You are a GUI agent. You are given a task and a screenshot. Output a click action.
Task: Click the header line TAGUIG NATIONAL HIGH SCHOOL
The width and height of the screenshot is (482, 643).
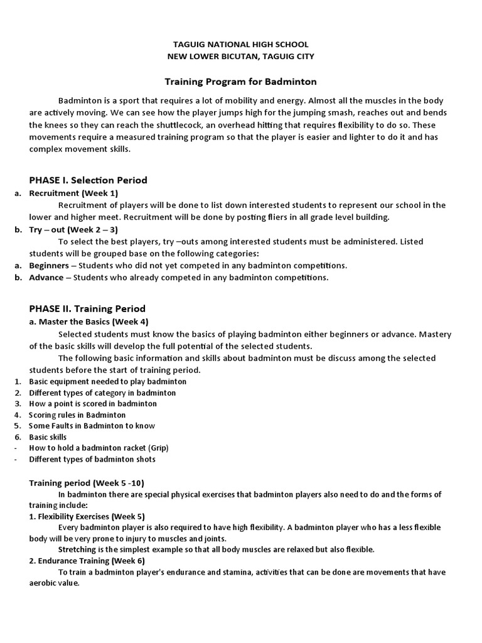[240, 45]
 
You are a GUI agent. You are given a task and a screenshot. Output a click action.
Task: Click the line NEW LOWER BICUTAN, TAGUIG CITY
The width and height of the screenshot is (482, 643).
[240, 57]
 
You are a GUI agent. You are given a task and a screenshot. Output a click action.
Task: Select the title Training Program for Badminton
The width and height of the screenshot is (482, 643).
[240, 82]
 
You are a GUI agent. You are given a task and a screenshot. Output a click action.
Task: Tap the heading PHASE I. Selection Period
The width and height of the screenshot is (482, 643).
[88, 180]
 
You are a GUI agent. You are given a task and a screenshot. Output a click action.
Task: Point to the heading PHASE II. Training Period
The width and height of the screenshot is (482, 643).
[87, 308]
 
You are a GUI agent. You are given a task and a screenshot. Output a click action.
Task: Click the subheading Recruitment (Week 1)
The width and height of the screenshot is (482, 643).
[73, 193]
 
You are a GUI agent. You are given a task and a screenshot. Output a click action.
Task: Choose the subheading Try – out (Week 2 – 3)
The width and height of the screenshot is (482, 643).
[73, 230]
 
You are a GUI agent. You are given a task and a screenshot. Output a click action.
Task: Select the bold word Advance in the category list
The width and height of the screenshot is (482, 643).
[46, 278]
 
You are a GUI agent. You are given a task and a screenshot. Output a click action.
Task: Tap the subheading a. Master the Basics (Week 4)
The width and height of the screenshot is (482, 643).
[89, 321]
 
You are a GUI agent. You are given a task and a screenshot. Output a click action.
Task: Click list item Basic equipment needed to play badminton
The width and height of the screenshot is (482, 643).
[107, 381]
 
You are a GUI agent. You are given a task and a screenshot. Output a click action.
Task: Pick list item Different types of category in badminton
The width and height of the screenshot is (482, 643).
[102, 392]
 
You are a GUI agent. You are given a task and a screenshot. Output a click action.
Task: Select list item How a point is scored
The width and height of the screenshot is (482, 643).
[93, 404]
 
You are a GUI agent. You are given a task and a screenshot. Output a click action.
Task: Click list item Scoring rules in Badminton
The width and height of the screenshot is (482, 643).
[77, 415]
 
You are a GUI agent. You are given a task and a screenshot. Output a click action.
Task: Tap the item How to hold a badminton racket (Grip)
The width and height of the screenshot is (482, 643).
[99, 448]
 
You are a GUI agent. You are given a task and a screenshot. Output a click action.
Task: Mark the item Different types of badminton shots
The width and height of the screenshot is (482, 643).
[92, 459]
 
